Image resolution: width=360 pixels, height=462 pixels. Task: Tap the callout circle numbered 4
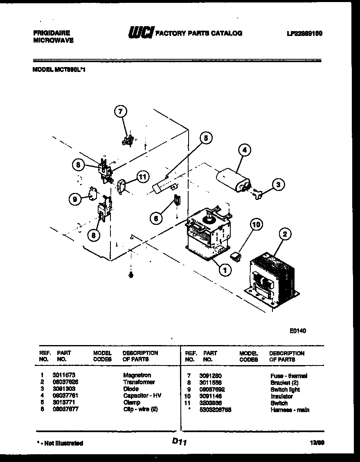(x=244, y=150)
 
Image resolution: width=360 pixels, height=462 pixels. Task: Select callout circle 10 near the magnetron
(x=256, y=224)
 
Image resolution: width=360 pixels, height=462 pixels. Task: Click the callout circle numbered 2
(x=285, y=234)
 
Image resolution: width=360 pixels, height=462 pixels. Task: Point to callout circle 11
(x=142, y=177)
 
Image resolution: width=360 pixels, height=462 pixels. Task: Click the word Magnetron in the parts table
(x=137, y=375)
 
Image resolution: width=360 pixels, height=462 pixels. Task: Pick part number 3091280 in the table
(x=211, y=375)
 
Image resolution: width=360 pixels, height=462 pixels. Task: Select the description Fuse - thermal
(x=288, y=376)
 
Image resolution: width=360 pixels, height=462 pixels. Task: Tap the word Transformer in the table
(x=139, y=382)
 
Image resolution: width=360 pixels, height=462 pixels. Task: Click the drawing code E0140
(x=298, y=331)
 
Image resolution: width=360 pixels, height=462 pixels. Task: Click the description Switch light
(x=285, y=390)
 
